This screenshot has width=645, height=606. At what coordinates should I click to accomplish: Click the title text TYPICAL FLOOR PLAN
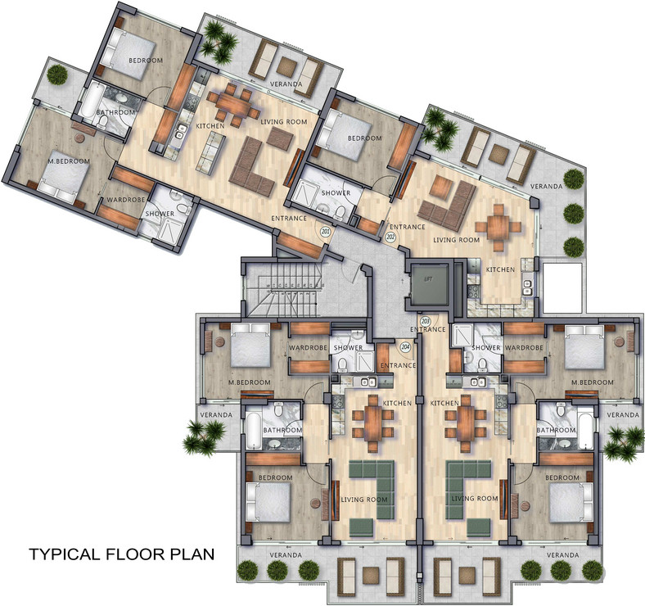coord(122,554)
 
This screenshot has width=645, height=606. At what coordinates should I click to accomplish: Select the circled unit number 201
coord(326,233)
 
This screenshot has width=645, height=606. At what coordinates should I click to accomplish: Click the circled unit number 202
coord(390,237)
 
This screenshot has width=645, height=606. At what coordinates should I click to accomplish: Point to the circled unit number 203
coord(425,322)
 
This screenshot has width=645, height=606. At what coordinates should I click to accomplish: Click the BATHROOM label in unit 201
coord(115,112)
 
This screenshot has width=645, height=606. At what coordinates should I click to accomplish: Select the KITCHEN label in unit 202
coord(500,269)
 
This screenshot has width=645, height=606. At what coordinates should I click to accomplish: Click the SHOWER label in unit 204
coord(348,348)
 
